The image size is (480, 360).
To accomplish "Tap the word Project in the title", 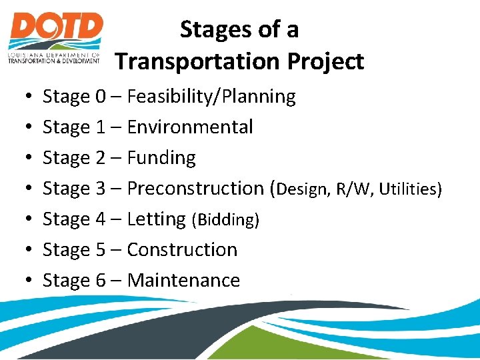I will (326, 61).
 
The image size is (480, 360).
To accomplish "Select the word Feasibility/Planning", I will (211, 97).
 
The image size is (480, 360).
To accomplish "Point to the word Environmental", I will (190, 127).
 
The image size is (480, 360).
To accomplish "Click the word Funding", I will (161, 158).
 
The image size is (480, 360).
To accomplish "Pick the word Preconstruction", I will (195, 189).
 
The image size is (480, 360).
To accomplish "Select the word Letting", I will (156, 219).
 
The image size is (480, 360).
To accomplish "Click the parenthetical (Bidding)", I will (225, 220).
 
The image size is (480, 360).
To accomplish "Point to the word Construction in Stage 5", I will (182, 250).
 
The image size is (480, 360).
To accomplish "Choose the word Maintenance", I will (183, 281).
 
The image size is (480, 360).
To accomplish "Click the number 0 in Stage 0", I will (101, 97).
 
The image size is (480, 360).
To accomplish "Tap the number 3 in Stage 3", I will (101, 189).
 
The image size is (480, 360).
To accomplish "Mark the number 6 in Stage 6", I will (101, 281).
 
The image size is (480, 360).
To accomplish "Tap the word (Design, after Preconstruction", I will (303, 189).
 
